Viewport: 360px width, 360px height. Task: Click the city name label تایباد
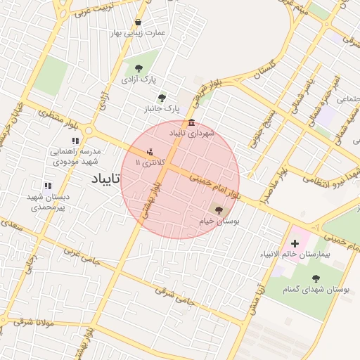[106, 179]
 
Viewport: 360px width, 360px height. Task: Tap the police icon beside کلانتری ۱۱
[150, 151]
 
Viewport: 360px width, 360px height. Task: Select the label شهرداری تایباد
[192, 133]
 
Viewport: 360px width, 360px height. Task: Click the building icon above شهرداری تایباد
[192, 123]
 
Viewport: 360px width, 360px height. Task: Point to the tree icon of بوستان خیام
[218, 210]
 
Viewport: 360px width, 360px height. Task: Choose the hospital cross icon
[295, 243]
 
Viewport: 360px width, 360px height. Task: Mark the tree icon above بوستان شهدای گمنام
[315, 278]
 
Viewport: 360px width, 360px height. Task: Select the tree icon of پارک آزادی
[138, 69]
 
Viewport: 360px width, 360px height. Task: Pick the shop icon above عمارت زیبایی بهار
[136, 22]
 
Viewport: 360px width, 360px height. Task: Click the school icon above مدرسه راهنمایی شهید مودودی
[75, 141]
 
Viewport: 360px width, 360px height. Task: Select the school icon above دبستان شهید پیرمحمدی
[46, 186]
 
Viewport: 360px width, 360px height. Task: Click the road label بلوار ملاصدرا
[271, 181]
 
